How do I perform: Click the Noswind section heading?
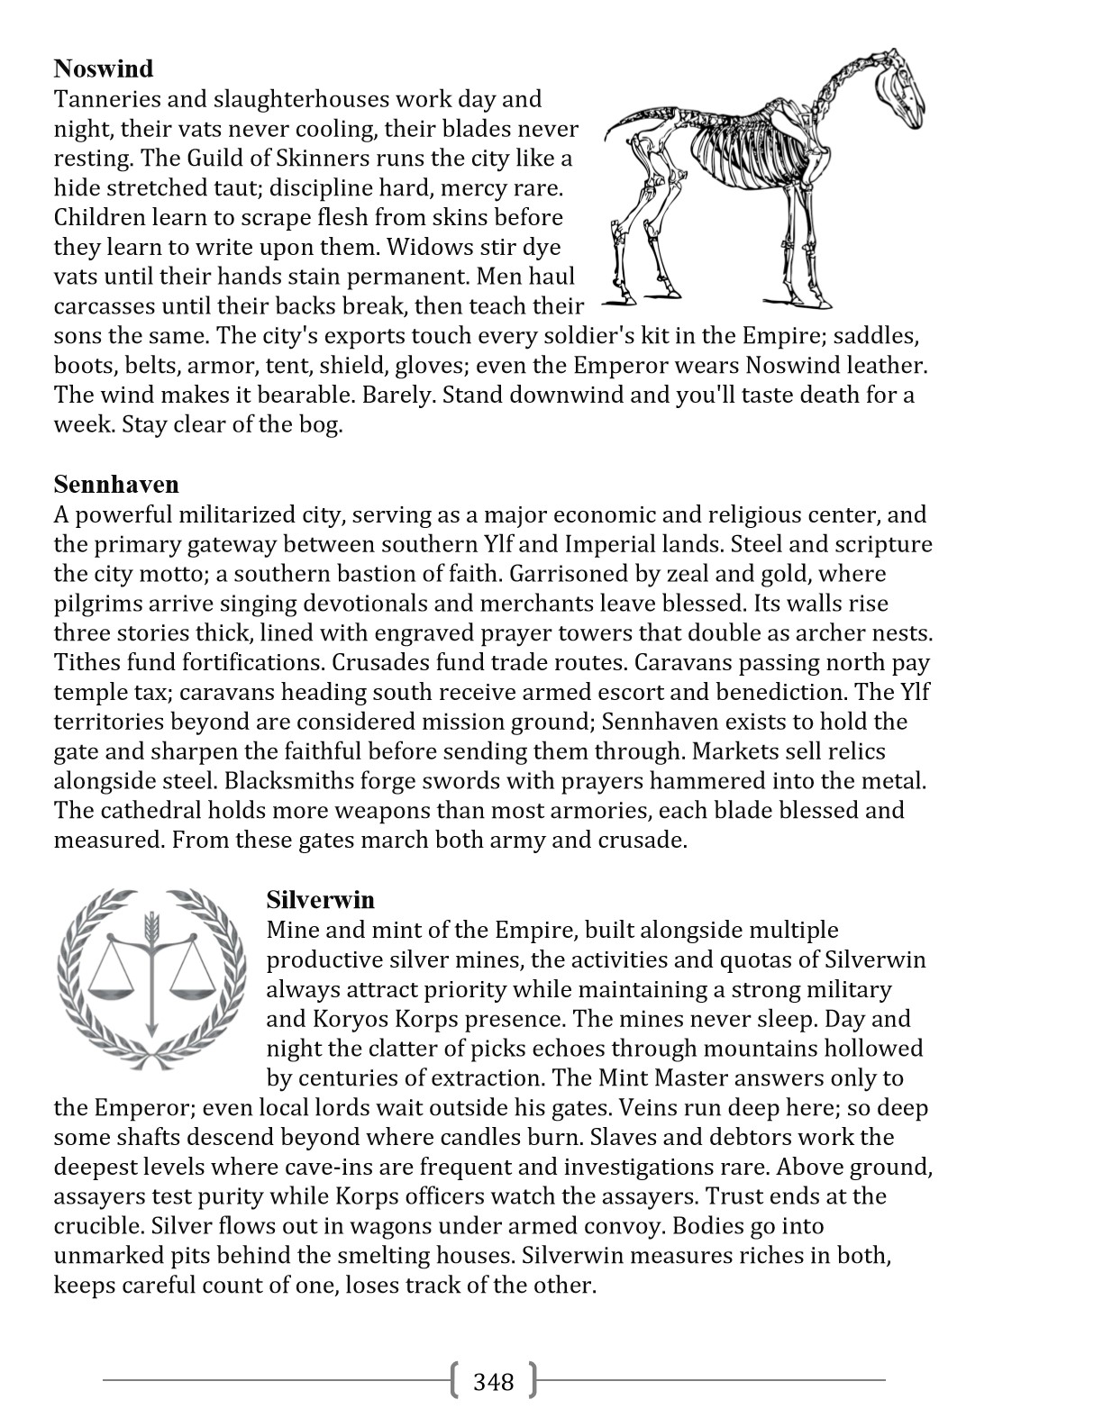104,68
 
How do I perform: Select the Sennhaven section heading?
116,485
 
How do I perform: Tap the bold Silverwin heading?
321,900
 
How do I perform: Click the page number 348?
493,1382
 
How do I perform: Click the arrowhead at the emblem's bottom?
151,1028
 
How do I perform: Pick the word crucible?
98,1227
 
